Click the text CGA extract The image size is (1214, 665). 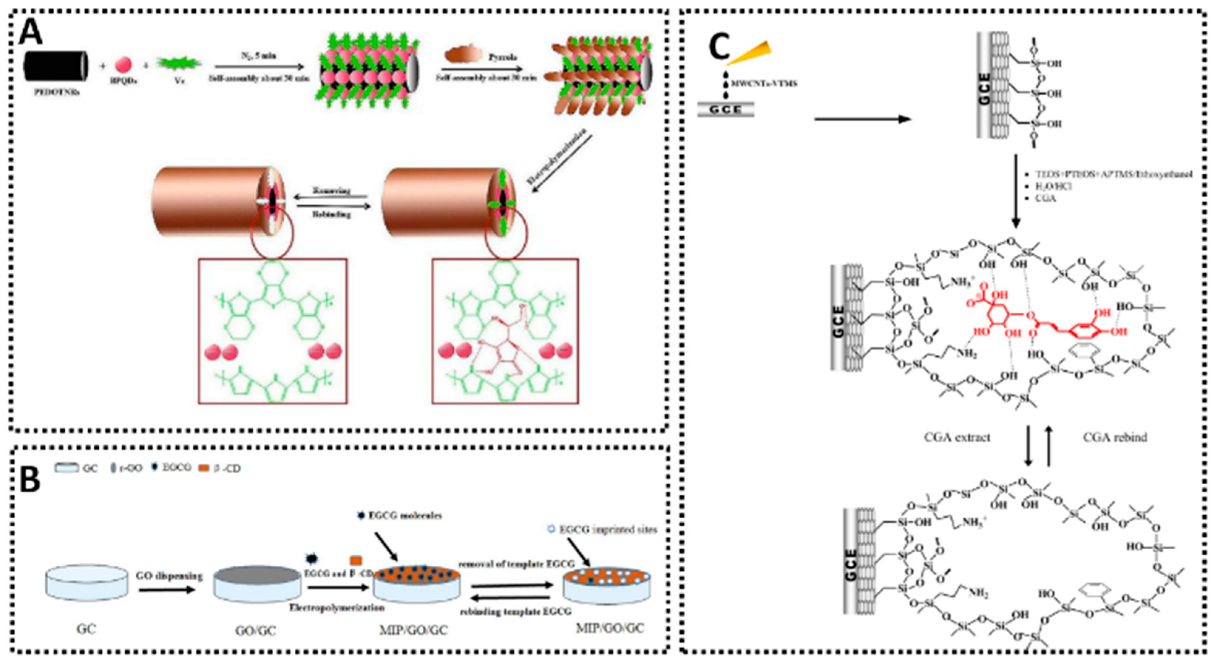(957, 437)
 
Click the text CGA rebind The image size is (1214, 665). (1115, 437)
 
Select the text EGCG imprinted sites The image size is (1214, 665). (608, 530)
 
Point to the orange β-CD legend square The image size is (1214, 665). (204, 468)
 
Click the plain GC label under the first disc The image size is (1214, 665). (86, 629)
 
